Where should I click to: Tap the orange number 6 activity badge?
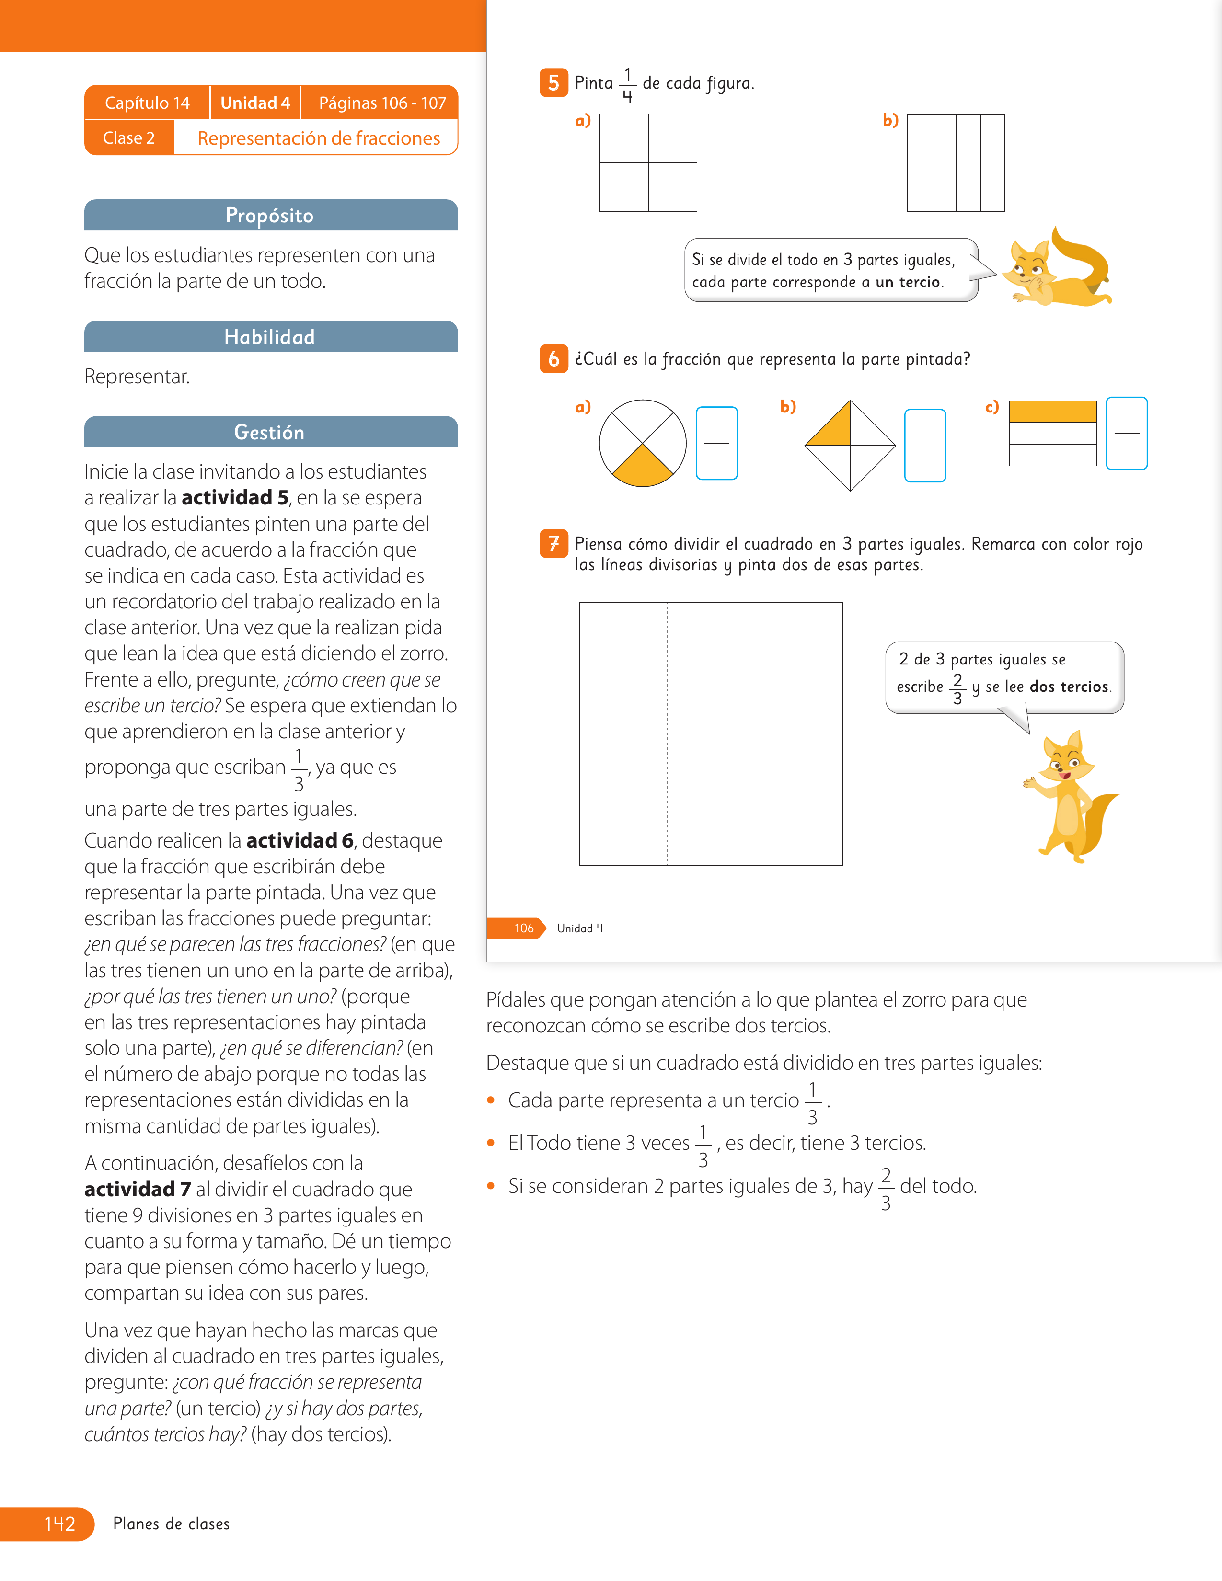pos(554,359)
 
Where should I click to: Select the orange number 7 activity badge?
pos(554,544)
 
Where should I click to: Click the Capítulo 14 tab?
pos(147,103)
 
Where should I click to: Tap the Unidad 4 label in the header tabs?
pos(255,103)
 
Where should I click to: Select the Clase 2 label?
pos(129,137)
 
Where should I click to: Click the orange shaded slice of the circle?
pos(643,468)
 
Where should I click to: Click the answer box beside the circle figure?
pos(717,443)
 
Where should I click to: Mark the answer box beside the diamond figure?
pos(925,445)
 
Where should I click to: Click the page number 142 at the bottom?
pos(59,1524)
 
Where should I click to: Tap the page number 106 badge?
pos(523,928)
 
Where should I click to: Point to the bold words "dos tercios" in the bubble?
pos(1069,686)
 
